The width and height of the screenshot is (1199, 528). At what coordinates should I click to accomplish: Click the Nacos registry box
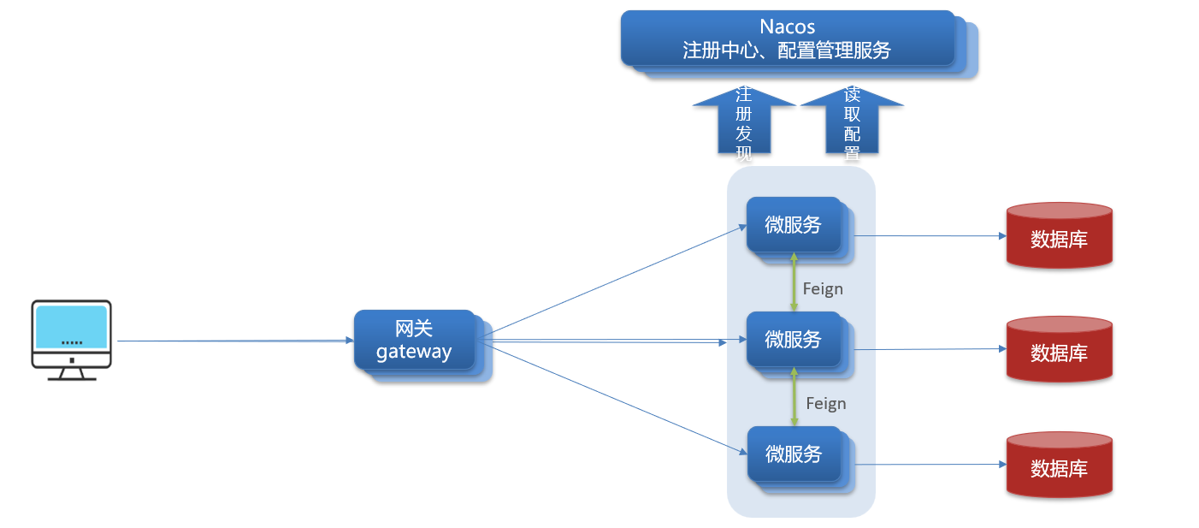pos(787,39)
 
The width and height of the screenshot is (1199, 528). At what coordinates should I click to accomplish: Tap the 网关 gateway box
pos(415,340)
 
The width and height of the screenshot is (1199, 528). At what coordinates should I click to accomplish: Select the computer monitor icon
pos(71,339)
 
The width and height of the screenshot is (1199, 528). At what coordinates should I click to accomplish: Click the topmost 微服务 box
pos(794,225)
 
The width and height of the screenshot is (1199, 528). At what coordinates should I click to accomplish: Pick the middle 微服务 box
pos(794,340)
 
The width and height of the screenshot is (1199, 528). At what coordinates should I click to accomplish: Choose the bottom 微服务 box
pos(794,454)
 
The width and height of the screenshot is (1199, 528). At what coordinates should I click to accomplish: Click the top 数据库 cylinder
pos(1059,237)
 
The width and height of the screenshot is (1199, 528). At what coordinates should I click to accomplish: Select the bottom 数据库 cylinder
pos(1059,466)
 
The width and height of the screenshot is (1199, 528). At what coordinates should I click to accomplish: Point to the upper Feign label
pos(823,289)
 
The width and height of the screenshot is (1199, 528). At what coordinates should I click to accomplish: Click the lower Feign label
pos(826,404)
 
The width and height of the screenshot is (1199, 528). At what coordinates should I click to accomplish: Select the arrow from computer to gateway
pos(235,341)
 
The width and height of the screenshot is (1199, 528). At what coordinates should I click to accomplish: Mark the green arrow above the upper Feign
pos(794,282)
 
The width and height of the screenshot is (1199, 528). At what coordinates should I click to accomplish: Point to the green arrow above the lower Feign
pos(794,397)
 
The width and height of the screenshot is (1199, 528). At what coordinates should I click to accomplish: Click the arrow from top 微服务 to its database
pos(928,235)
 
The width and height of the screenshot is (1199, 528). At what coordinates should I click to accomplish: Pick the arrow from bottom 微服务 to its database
pos(928,465)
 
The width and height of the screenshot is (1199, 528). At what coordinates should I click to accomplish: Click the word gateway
pos(414,351)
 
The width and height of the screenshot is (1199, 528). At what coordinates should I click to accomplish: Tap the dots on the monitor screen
pos(72,342)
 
